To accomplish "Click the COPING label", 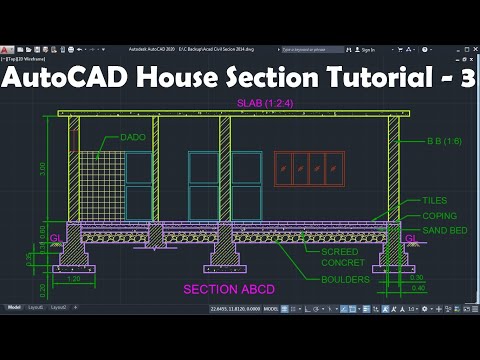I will pyautogui.click(x=438, y=216).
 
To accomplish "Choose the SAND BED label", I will pyautogui.click(x=439, y=230).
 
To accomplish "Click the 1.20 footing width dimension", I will pyautogui.click(x=73, y=280).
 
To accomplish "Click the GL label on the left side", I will pyautogui.click(x=54, y=238).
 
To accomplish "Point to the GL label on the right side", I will pyautogui.click(x=409, y=238).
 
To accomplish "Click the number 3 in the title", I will pyautogui.click(x=465, y=80).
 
